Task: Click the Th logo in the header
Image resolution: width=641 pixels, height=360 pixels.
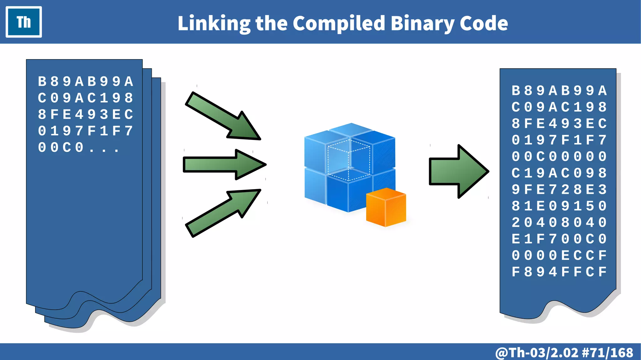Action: [x=24, y=22]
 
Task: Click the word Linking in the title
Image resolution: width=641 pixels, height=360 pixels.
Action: [x=214, y=23]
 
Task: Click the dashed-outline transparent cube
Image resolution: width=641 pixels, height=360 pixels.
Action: [x=349, y=160]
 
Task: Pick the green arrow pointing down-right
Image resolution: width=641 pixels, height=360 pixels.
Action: [x=223, y=116]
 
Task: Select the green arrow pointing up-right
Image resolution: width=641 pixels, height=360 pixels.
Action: [x=223, y=213]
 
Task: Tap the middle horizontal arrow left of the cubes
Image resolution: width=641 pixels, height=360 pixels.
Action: [x=224, y=165]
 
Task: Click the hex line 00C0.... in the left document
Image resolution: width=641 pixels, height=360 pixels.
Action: [x=78, y=147]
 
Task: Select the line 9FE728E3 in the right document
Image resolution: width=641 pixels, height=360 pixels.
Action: [x=559, y=190]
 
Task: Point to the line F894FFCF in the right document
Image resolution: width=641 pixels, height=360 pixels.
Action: [x=559, y=272]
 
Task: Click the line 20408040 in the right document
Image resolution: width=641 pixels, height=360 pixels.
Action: [x=559, y=223]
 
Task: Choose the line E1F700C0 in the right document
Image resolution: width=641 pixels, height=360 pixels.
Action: [x=559, y=239]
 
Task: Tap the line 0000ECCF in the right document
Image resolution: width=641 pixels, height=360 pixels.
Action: [x=559, y=255]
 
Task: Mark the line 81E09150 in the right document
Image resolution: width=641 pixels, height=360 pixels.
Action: [x=559, y=206]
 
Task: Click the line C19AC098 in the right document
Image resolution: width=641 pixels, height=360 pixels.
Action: [x=559, y=173]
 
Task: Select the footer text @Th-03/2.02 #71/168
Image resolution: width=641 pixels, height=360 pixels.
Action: [x=564, y=352]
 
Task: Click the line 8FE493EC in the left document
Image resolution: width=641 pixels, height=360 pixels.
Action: [x=85, y=115]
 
